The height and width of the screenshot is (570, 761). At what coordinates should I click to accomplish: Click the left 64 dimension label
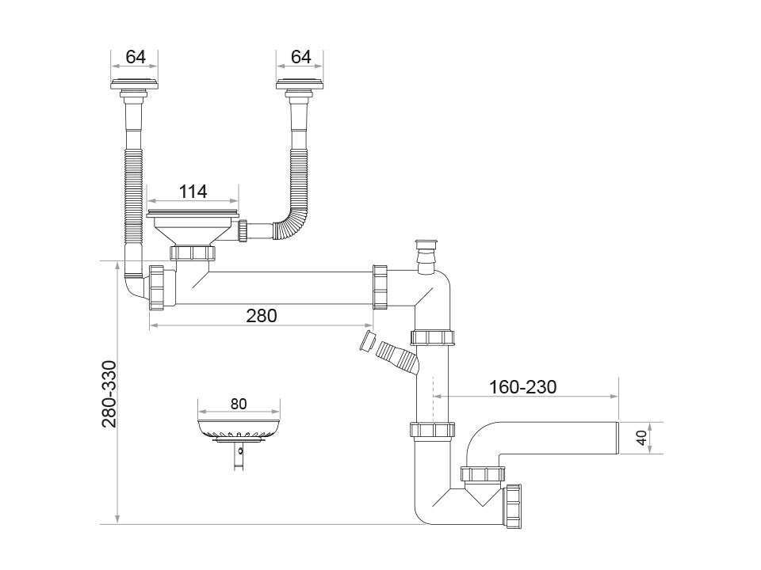point(136,56)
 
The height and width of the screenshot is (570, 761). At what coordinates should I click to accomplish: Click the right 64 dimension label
point(300,56)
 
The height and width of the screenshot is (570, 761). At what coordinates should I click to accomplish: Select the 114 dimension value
point(192,191)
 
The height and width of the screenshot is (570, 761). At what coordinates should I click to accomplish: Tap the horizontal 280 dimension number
point(261,315)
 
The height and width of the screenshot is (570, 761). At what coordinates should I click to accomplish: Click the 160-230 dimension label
point(522,386)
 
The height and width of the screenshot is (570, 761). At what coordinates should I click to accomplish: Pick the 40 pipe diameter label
point(642,438)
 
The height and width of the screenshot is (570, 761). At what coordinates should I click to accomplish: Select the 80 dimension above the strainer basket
point(239,403)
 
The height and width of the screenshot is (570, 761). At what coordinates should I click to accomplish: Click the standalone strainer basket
point(239,431)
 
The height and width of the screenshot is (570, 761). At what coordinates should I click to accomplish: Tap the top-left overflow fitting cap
point(136,84)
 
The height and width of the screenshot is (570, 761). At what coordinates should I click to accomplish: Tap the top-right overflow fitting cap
point(300,84)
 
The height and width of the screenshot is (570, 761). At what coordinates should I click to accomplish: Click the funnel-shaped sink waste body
point(192,230)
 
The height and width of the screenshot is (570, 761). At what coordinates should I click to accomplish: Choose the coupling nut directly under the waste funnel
point(193,253)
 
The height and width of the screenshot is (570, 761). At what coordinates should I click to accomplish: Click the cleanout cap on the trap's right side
point(512,507)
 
